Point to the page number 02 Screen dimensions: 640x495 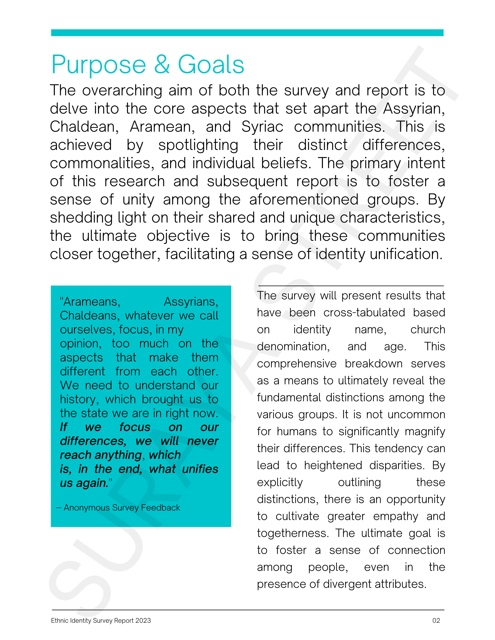coord(436,620)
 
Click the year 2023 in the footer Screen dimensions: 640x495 coord(143,620)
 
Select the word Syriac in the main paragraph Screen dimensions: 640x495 coord(262,127)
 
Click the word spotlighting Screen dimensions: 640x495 coord(198,145)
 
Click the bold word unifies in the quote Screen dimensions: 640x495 coord(200,469)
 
